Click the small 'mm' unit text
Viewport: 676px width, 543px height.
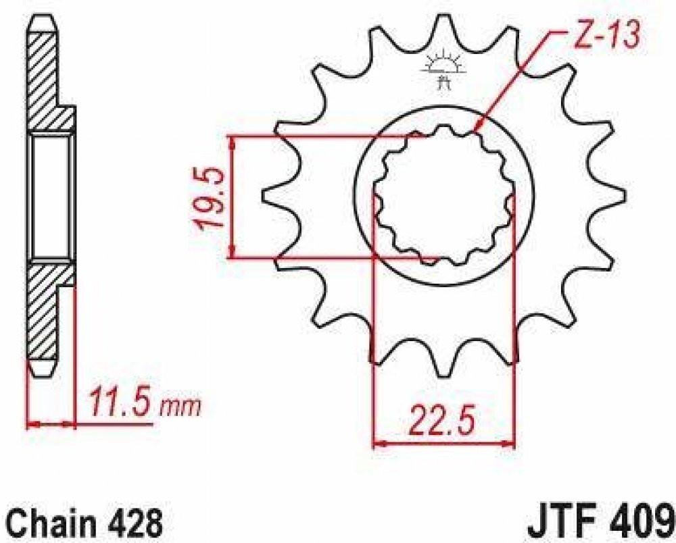click(180, 407)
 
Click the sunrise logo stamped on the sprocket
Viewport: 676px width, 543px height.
click(444, 70)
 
